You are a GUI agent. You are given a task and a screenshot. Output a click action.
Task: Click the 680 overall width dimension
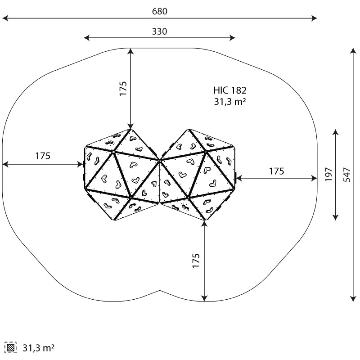coord(160,11)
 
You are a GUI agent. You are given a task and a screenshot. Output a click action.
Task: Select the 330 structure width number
coord(160,31)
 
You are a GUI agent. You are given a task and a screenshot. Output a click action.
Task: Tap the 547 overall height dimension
coord(347,175)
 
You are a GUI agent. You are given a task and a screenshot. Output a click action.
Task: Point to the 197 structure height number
coord(329,175)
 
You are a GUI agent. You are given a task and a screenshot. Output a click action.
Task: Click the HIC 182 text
coord(230,90)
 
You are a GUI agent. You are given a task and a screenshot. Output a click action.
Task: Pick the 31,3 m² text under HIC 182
coord(230,101)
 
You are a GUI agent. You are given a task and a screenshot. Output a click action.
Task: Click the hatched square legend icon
coord(10,347)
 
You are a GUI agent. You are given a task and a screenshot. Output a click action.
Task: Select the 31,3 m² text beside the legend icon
coord(38,348)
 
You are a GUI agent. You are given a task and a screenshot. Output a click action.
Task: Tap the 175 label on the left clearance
coord(43,156)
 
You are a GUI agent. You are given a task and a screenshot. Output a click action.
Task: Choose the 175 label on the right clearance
coord(276,171)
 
